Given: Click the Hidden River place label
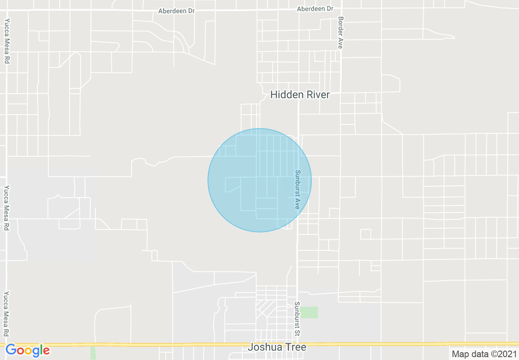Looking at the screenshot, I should (x=300, y=95).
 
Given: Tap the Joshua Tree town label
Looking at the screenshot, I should (x=277, y=347).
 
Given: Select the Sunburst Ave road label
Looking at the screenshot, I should (x=298, y=190).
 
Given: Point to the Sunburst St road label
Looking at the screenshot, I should (x=298, y=319).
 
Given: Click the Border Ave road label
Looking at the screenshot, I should (x=340, y=33).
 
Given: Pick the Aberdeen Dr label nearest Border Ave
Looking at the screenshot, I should (x=315, y=9).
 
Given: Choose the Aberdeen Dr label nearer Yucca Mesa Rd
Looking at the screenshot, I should (x=176, y=11).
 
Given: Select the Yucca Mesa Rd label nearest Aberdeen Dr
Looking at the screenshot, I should (x=7, y=41).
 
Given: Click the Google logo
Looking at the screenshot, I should (x=27, y=351).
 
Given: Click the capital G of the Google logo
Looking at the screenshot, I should (x=11, y=350).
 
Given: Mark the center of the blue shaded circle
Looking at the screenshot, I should (x=259, y=180).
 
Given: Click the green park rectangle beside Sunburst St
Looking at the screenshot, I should (x=309, y=312).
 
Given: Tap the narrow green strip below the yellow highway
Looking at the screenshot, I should (x=93, y=353).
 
